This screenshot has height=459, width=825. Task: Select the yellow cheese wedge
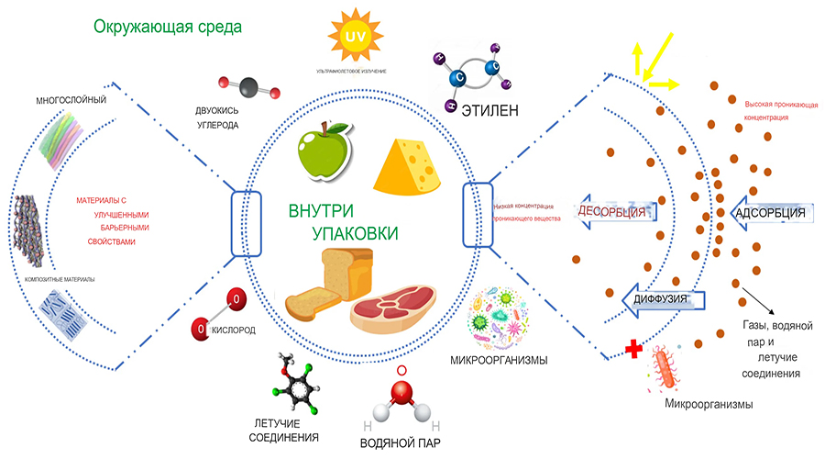tap(411, 163)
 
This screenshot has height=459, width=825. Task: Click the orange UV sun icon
tap(353, 37)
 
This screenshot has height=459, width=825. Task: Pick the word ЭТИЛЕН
tap(486, 111)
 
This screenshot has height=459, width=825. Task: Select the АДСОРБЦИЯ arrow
tap(767, 213)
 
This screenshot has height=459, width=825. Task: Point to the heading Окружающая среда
tap(167, 26)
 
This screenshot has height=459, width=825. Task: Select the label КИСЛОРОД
tap(234, 329)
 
